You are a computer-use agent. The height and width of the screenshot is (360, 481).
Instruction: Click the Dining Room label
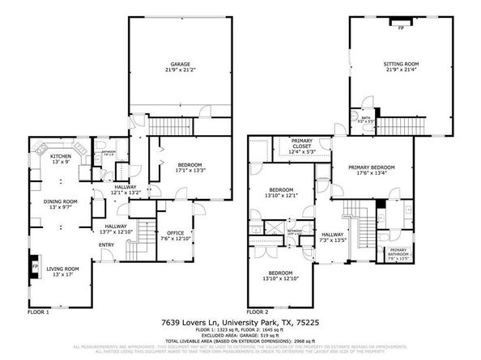pos(61,203)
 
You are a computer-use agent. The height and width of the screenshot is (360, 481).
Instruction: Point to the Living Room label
pos(62,270)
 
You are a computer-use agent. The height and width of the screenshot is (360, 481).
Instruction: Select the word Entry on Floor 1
pos(106,245)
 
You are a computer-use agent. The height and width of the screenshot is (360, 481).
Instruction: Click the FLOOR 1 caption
pos(39,311)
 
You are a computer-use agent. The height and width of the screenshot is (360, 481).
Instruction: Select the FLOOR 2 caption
pos(257,311)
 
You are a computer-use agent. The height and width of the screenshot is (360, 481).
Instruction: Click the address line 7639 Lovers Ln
pos(240,320)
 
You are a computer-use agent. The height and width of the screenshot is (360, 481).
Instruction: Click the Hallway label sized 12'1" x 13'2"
pos(126,190)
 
